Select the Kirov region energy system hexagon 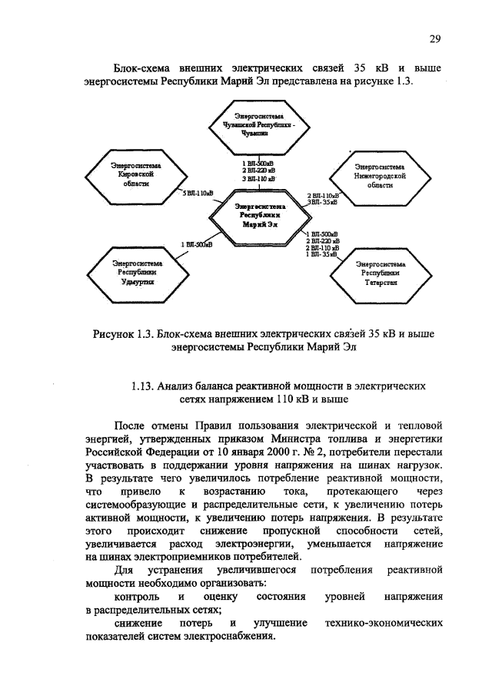click(x=129, y=174)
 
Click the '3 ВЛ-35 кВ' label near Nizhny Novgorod click(x=322, y=202)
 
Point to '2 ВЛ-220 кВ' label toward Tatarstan click(x=322, y=241)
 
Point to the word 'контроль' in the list click(x=137, y=596)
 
